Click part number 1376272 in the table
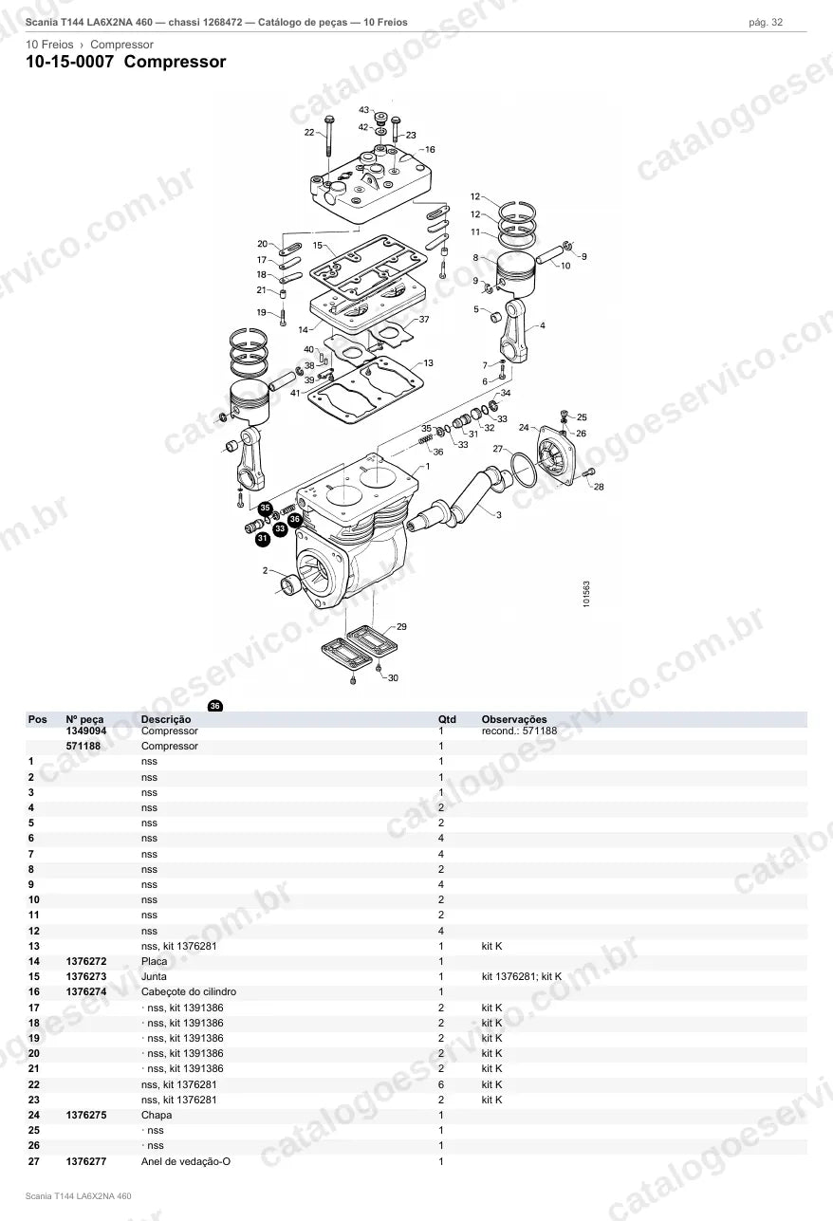pos(86,961)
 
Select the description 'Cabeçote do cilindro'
pos(189,991)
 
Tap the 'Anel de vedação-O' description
pos(186,1161)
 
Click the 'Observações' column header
pos(514,719)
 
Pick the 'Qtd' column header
pos(447,719)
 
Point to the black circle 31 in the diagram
pos(263,539)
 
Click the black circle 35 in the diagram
pos(265,508)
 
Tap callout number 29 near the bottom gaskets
pos(401,627)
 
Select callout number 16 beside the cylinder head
pos(430,149)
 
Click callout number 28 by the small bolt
pos(599,487)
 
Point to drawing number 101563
pos(586,594)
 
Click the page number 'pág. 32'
pos(766,23)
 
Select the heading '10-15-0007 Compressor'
pos(126,62)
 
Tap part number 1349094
pos(86,731)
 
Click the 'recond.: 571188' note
pos(519,731)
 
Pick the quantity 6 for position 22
pos(441,1084)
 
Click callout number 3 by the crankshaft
pos(498,514)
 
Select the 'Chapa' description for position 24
pos(157,1115)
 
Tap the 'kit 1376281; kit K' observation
pos(521,976)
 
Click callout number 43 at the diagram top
pos(363,110)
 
